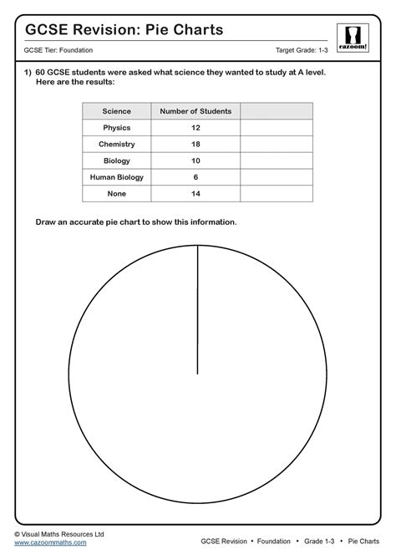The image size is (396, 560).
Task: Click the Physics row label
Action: click(116, 128)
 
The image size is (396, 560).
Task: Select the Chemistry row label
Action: click(116, 144)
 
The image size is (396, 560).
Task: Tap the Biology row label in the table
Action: click(116, 160)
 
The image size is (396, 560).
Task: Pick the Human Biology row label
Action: click(116, 177)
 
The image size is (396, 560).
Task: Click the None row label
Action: click(116, 193)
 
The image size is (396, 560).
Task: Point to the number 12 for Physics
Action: click(195, 128)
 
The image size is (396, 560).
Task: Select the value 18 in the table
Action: click(195, 144)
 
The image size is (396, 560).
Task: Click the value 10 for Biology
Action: click(195, 160)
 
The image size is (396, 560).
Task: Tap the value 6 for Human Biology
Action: click(195, 177)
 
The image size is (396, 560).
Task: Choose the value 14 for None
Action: click(195, 193)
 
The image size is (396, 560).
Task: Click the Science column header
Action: click(116, 111)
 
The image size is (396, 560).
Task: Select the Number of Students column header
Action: click(195, 111)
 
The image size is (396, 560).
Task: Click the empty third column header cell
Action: click(276, 111)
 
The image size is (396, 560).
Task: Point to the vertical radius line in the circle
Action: click(197, 309)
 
